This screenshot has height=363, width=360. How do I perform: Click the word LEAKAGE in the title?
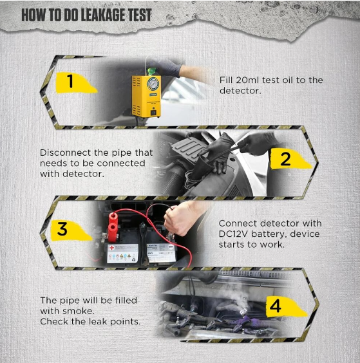pyautogui.click(x=99, y=15)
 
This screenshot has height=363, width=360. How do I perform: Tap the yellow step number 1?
pyautogui.click(x=70, y=81)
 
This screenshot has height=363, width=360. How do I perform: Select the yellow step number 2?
pyautogui.click(x=285, y=159)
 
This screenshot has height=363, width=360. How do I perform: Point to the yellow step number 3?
pyautogui.click(x=62, y=229)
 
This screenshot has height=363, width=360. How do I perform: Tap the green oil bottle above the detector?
pyautogui.click(x=152, y=71)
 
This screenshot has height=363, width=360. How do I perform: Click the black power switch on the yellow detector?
pyautogui.click(x=153, y=113)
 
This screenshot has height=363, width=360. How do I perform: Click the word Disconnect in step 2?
pyautogui.click(x=65, y=153)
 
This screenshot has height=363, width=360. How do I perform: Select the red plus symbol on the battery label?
pyautogui.click(x=111, y=248)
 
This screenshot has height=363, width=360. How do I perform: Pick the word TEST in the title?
pyautogui.click(x=140, y=15)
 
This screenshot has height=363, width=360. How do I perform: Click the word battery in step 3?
pyautogui.click(x=267, y=234)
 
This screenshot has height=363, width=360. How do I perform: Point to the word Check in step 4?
pyautogui.click(x=54, y=322)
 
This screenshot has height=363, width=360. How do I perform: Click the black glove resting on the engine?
pyautogui.click(x=216, y=153)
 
